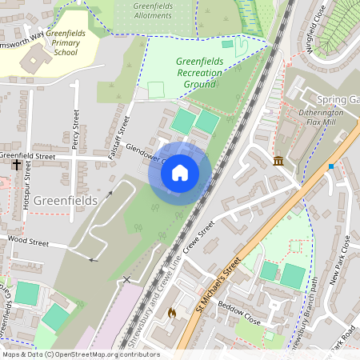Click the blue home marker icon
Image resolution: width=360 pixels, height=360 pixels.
click(180, 172)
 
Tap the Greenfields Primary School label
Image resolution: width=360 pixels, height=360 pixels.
click(72, 43)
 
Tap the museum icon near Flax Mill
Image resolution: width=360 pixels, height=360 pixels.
click(278, 162)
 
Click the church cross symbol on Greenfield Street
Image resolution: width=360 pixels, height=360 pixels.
click(17, 164)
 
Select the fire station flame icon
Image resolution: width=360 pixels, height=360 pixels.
click(171, 314)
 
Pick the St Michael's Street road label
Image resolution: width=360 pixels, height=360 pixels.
click(218, 286)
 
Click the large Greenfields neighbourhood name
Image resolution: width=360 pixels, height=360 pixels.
click(66, 198)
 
